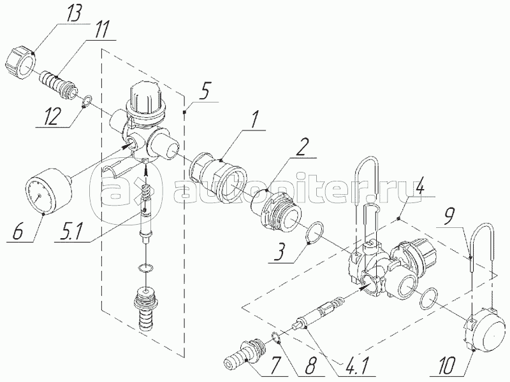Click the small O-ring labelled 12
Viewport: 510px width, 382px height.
pos(86,99)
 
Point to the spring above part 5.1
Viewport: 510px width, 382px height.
pos(146,190)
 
